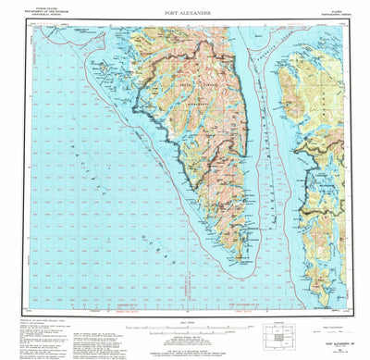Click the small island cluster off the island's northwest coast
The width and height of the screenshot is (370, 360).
(139, 93)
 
